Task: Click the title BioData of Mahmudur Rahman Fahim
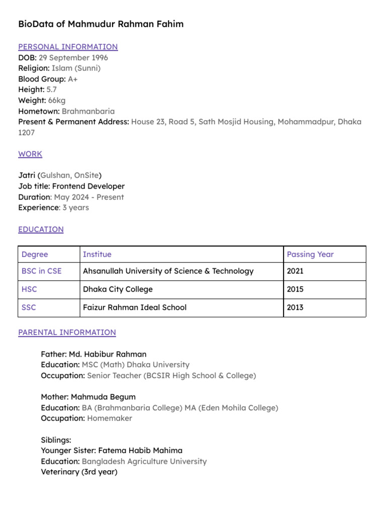tap(101, 24)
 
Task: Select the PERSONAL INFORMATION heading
tap(68, 47)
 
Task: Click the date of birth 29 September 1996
tap(73, 57)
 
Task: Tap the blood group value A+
tap(73, 79)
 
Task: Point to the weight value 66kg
tap(57, 101)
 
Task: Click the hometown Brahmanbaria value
tap(88, 111)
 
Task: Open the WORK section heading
tap(30, 154)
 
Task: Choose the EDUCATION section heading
tap(41, 229)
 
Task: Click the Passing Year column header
tap(310, 254)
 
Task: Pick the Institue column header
tap(97, 254)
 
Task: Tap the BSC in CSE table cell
tap(42, 271)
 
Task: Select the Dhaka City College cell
tap(118, 289)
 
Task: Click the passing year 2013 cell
tap(295, 307)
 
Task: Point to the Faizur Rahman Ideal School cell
tap(135, 307)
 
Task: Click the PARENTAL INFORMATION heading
tap(67, 332)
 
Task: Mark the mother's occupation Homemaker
tap(110, 418)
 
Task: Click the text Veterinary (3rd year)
tap(79, 472)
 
